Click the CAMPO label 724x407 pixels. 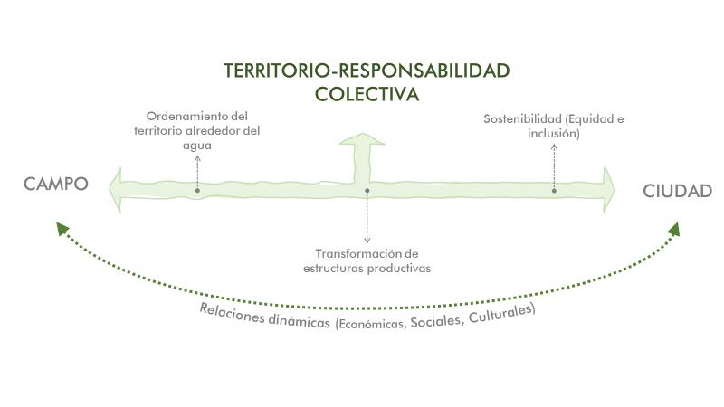tap(56, 185)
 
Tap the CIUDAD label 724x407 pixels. tap(678, 191)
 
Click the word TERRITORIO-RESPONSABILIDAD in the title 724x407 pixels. tap(367, 71)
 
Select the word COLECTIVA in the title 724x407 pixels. tap(367, 92)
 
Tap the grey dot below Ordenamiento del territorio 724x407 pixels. tap(197, 191)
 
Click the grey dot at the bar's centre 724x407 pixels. tap(367, 191)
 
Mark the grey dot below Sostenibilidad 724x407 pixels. tap(554, 191)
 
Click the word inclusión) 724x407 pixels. tap(554, 134)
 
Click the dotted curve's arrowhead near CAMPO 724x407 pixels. tap(62, 227)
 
